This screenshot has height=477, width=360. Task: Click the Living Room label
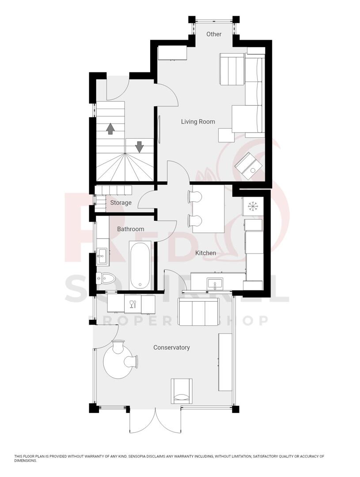[198, 121]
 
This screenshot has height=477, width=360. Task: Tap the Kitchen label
[206, 253]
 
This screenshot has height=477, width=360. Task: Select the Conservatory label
[171, 348]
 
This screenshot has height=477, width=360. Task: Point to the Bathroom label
[130, 229]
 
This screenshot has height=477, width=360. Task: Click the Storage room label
[121, 203]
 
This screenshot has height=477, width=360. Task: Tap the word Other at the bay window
[214, 34]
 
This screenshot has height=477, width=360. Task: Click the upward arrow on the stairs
[110, 129]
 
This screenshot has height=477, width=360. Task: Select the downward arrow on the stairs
[139, 146]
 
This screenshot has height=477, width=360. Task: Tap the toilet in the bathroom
[106, 278]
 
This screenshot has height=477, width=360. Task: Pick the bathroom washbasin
[102, 254]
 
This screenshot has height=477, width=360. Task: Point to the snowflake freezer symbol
[253, 206]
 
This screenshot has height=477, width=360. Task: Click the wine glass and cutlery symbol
[132, 303]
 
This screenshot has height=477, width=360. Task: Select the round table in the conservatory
[117, 361]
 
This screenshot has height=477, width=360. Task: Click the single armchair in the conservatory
[182, 390]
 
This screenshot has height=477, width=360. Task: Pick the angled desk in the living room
[249, 166]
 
